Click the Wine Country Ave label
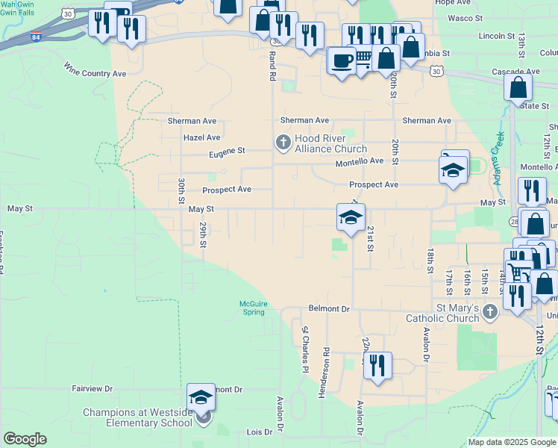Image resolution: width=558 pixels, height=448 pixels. pos(95,73)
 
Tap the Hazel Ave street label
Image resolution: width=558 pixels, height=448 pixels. pos(201,137)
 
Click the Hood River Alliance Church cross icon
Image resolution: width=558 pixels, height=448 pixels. pos(283,141)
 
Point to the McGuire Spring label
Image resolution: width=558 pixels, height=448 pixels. pos(252,308)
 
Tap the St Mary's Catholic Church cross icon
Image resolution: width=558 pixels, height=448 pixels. pos(489,311)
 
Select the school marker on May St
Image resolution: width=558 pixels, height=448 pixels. pos(351,217)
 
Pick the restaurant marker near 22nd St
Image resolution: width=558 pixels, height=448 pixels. pos(377,365)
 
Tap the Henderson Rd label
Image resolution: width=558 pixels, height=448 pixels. pos(326,372)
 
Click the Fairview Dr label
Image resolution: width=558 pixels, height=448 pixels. pos(92,389)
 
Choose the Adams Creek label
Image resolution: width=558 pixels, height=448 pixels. pos(498,150)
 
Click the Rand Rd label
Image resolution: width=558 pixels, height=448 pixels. pos(272,67)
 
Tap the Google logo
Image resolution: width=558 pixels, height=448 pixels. pos(25,439)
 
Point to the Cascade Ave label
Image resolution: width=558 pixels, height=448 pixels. pos(511,72)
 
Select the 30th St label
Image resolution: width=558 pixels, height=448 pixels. pos(181,191)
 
